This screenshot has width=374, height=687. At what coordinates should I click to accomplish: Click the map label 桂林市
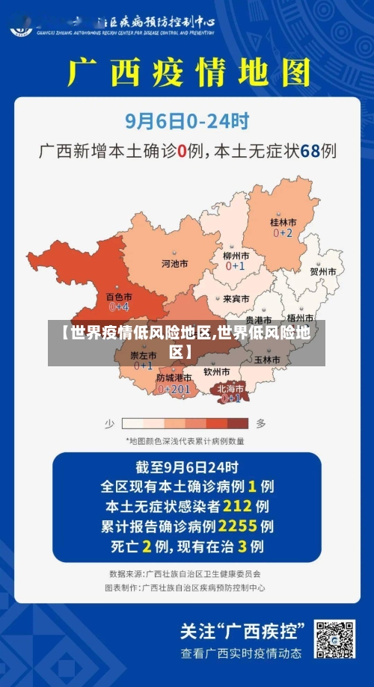coord(283,222)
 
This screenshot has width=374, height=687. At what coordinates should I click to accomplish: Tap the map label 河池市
coord(175,263)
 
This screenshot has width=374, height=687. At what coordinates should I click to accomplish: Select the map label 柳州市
coord(236,256)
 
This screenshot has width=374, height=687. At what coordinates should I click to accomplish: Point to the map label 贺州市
coord(323,272)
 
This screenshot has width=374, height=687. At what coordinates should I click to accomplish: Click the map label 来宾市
coord(236,298)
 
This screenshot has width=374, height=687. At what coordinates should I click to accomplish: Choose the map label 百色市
coord(118,297)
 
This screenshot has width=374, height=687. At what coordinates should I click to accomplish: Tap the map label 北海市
coord(230,388)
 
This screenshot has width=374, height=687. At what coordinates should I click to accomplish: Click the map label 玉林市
coord(267,360)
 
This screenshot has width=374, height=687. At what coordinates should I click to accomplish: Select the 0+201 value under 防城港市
coord(174,389)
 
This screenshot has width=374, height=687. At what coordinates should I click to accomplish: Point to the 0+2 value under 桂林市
coord(283,233)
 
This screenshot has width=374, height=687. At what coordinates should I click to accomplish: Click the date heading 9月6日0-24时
coord(187,119)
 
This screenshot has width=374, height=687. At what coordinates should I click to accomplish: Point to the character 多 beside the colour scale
coord(260,423)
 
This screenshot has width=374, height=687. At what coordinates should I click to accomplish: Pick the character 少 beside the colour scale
coord(109,423)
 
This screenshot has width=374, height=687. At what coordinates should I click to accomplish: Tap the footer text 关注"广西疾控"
coord(243,629)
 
